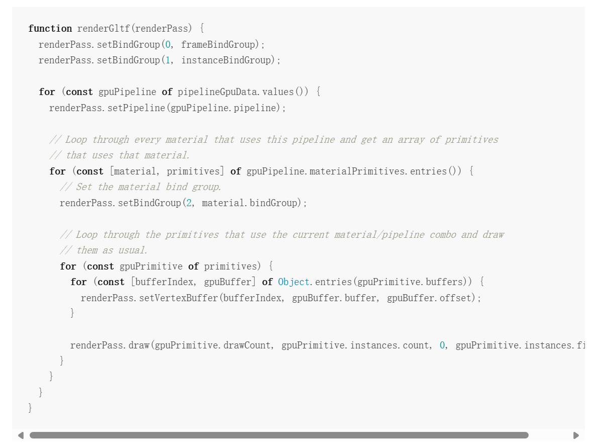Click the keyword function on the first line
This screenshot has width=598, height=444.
click(50, 29)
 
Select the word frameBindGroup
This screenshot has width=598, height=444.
click(218, 45)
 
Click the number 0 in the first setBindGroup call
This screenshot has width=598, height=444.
click(168, 45)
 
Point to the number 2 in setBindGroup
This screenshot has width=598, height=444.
click(189, 203)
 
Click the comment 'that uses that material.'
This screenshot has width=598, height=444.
click(128, 155)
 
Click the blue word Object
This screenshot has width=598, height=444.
click(293, 282)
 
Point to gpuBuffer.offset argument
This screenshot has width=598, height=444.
click(430, 298)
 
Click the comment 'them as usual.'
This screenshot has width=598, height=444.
click(112, 250)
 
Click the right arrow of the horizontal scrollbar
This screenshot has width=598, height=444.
click(576, 435)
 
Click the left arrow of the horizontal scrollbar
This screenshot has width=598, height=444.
click(21, 435)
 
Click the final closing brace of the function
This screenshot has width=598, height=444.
click(30, 408)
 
